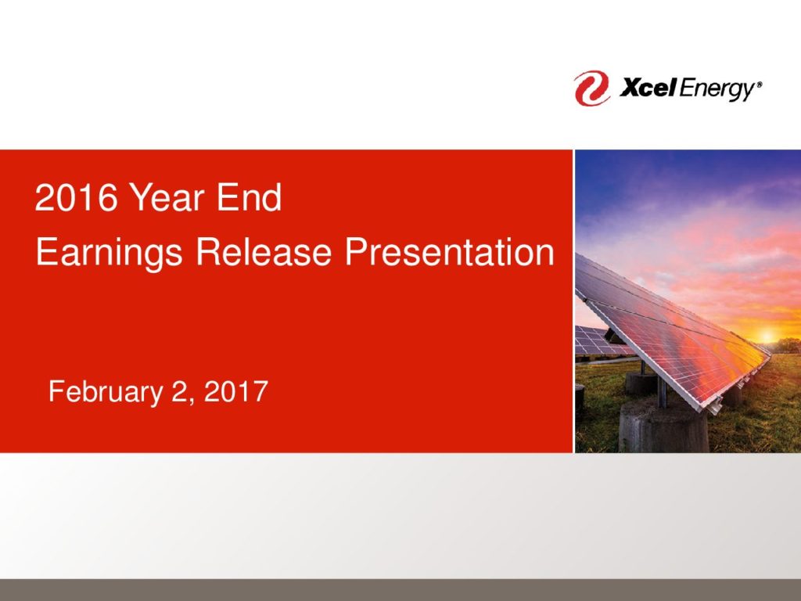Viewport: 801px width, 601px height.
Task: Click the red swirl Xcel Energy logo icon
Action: point(591,88)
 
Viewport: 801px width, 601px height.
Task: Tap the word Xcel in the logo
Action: point(647,88)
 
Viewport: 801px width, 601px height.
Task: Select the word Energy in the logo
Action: point(717,90)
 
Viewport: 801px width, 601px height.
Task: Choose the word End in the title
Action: point(249,197)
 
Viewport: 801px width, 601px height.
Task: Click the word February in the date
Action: point(106,393)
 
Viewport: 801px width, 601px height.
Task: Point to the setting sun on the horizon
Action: point(767,336)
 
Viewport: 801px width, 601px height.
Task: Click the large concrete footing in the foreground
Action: point(663,425)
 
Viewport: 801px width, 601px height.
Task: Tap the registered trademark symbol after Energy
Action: point(759,85)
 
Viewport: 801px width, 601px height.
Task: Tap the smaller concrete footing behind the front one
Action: point(641,383)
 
